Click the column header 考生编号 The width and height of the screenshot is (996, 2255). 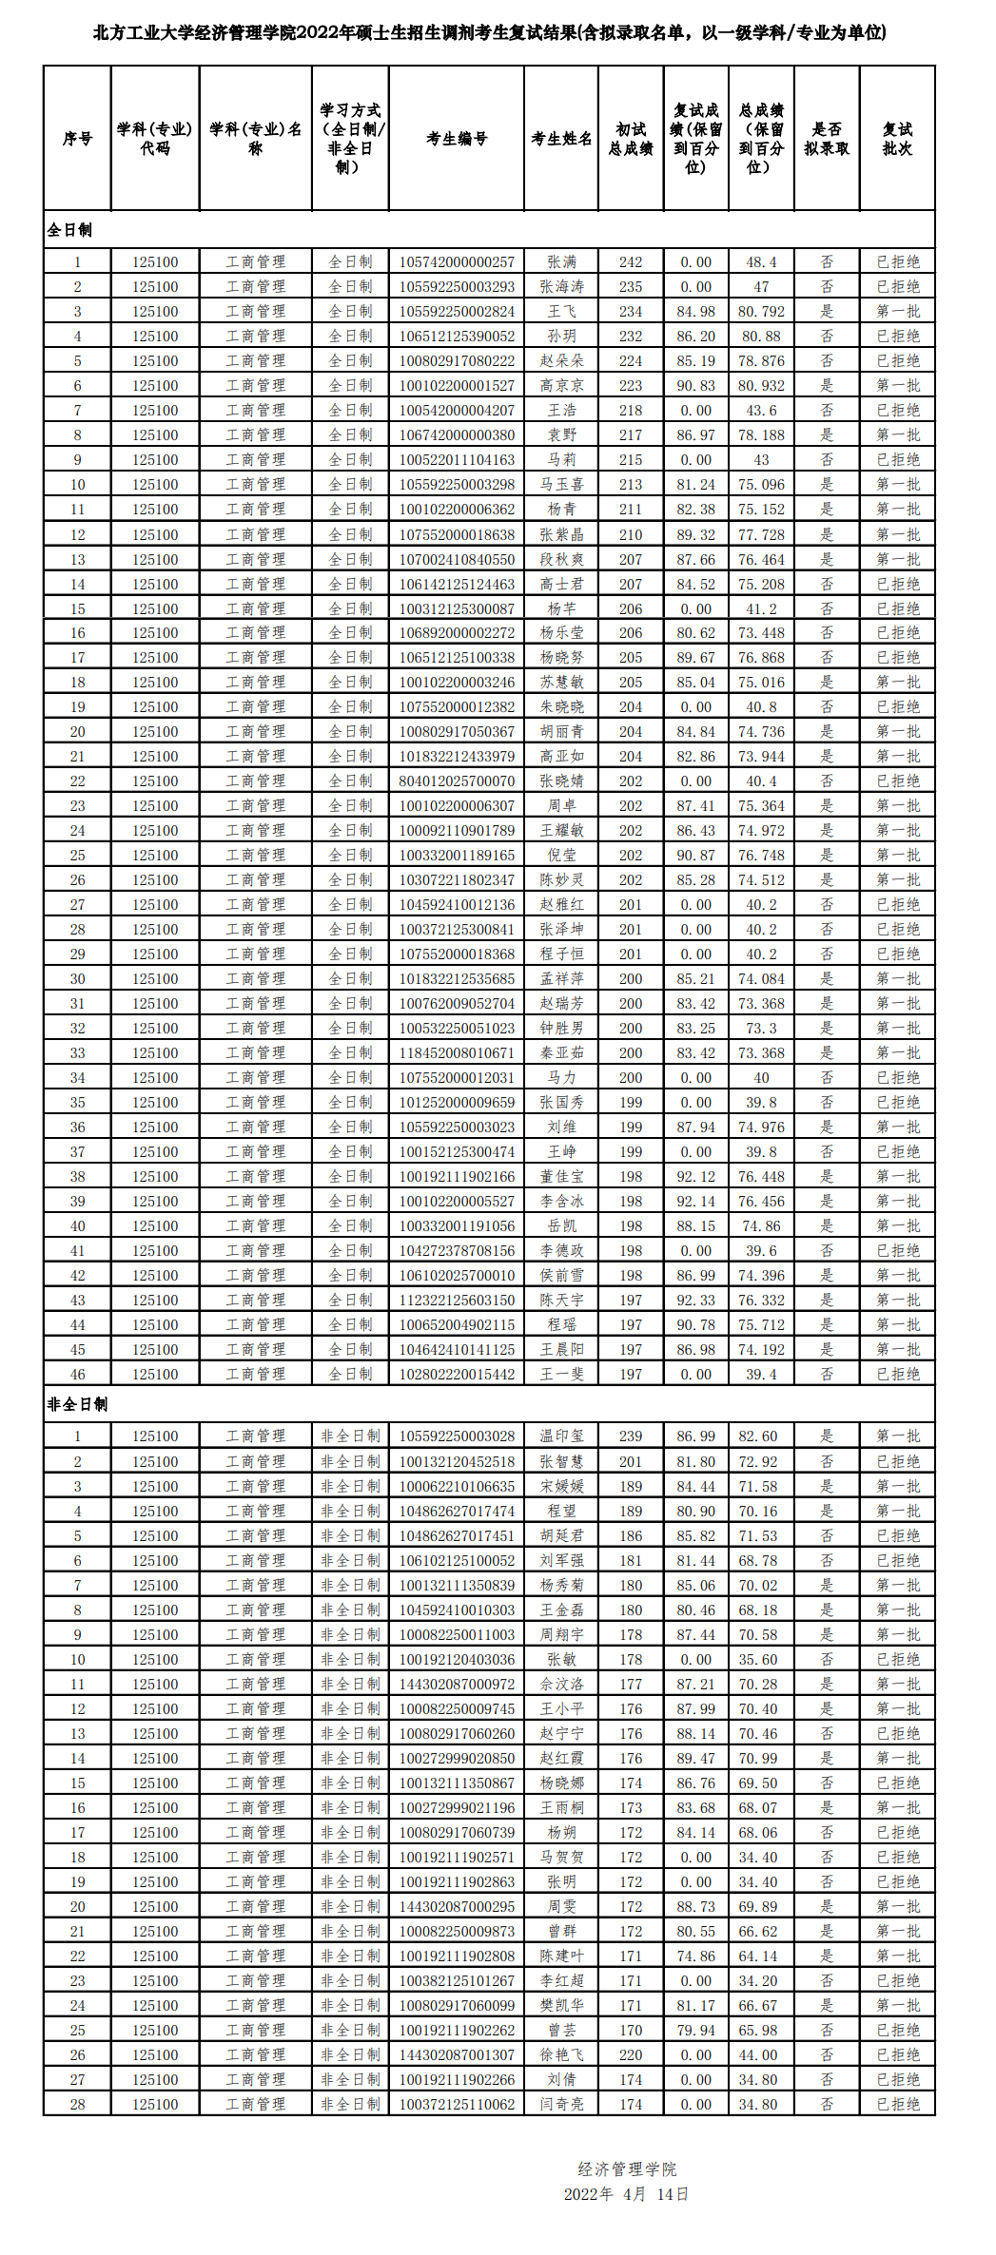pos(457,139)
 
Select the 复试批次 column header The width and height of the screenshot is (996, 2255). pos(897,139)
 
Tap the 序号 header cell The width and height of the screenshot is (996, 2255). pos(77,139)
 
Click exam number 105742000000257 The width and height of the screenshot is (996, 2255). pos(457,262)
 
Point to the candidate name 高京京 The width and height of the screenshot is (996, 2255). pos(561,386)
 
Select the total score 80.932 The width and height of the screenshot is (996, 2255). pos(761,386)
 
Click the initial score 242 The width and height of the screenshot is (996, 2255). pos(631,262)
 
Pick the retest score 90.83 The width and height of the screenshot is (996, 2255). pos(696,386)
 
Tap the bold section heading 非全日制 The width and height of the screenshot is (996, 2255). pos(77,1404)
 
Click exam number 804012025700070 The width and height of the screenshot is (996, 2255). pos(457,781)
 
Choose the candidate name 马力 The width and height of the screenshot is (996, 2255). pos(561,1078)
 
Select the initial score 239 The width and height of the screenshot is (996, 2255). pos(631,1436)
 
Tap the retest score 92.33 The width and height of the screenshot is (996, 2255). pos(696,1301)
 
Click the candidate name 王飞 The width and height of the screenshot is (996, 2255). pos(561,312)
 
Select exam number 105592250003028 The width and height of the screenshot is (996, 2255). pos(457,1436)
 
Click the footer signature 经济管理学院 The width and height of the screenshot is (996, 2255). pos(627,2169)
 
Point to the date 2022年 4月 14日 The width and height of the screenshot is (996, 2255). pos(626,2194)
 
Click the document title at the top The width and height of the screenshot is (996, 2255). pos(489,32)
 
